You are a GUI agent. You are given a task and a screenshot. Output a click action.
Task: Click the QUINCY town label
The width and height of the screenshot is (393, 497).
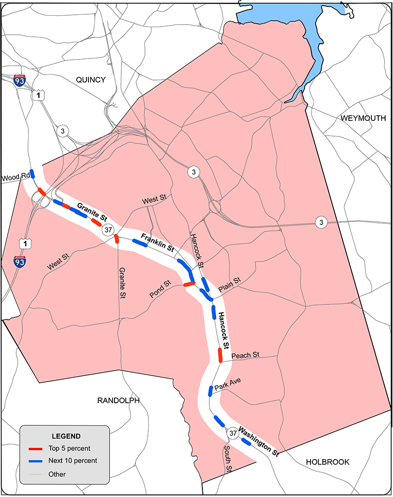(90, 80)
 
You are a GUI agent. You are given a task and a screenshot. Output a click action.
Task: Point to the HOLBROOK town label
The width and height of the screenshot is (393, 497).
(328, 462)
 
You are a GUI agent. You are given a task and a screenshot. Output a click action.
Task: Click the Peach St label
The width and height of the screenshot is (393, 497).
(245, 355)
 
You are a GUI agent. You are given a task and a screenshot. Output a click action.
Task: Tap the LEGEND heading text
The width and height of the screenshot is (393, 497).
(66, 436)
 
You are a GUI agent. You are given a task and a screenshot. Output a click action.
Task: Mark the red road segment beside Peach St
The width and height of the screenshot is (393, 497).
(220, 355)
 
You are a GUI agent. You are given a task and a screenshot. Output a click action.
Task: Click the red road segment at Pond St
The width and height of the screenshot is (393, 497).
(189, 284)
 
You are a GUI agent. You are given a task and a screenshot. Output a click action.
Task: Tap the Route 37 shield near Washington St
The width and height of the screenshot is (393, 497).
(233, 433)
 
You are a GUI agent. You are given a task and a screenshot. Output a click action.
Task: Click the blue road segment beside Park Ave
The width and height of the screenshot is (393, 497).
(210, 391)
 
